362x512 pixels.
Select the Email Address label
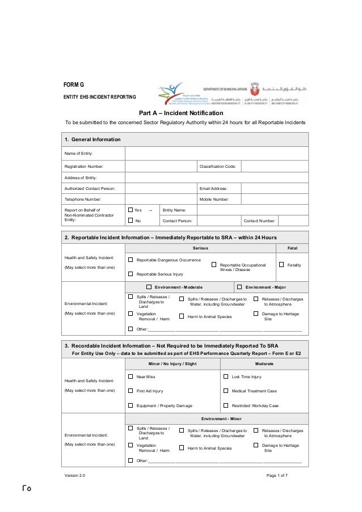213,188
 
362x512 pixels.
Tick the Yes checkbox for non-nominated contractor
131,210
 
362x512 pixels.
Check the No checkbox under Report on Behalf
131,221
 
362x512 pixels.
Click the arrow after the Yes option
150,210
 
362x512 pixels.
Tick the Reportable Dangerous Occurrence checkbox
131,260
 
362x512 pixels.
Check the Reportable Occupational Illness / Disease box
214,264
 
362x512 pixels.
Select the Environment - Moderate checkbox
149,287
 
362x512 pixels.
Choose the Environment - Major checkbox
239,287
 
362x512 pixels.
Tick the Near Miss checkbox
131,376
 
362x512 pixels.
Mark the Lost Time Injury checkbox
226,376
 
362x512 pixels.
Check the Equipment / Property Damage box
131,405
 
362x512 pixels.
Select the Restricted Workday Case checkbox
226,405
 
